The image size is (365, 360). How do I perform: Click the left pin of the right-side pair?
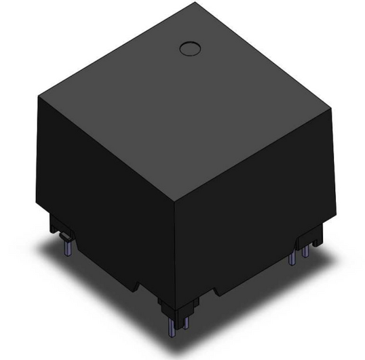(292, 259)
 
